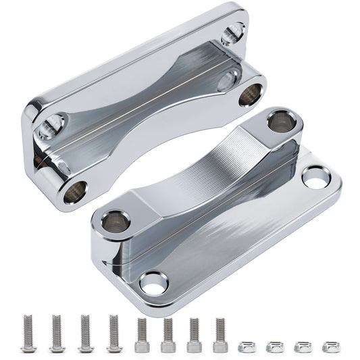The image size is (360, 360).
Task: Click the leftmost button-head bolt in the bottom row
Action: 28,334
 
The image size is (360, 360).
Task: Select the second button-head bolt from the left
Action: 57,334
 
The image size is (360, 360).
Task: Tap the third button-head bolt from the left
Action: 84,334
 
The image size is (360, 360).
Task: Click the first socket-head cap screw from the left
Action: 141,336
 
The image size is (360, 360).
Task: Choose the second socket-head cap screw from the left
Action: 168,336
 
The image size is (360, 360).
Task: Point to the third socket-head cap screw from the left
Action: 194,336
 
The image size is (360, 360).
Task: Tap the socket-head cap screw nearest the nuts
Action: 220,336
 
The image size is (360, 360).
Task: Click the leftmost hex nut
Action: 248,346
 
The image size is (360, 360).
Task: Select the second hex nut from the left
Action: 275,346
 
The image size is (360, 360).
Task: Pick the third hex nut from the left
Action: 302,346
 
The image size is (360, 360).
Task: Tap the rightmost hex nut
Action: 330,346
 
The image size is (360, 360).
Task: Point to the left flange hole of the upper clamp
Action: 51,125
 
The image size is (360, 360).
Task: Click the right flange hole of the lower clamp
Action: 315,178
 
